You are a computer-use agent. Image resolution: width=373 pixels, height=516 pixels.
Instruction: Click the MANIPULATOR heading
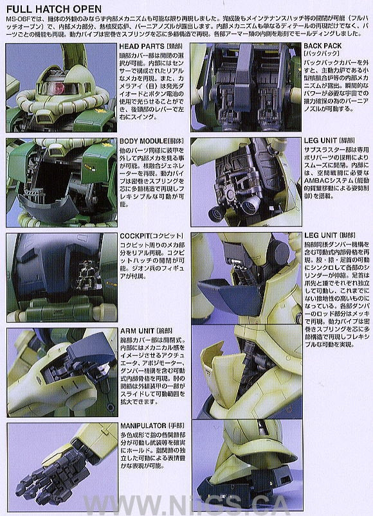[x=145, y=425]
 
